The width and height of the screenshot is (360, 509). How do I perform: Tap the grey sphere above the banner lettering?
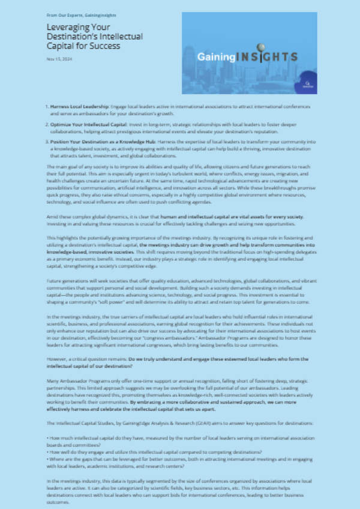[x=262, y=46]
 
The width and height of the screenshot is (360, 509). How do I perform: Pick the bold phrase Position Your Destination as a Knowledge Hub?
[x=96, y=142]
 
